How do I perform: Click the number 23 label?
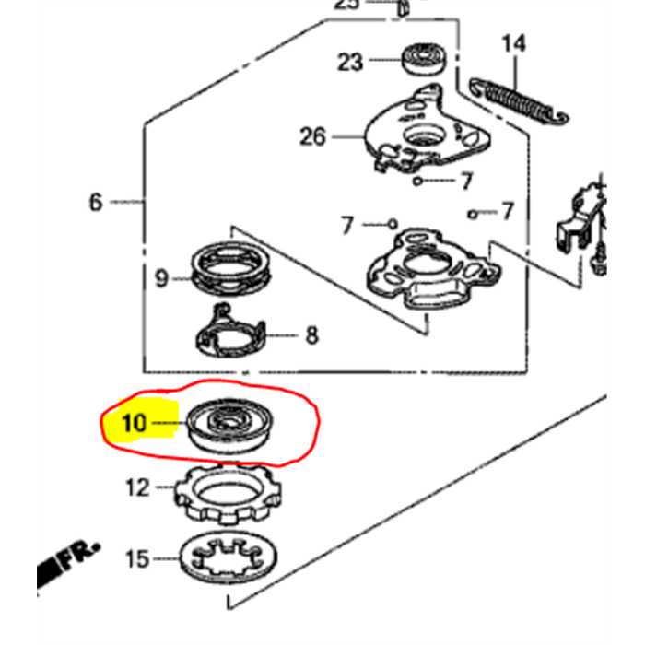350,62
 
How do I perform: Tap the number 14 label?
512,42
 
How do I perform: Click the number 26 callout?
312,136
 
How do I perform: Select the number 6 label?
96,201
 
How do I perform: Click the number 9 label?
161,277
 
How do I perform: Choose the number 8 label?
311,334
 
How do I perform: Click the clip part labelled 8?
231,333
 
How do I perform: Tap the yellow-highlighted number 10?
134,423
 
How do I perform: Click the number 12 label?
137,487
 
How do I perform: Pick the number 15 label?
136,558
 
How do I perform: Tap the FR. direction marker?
70,564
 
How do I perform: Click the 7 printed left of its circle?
347,224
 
